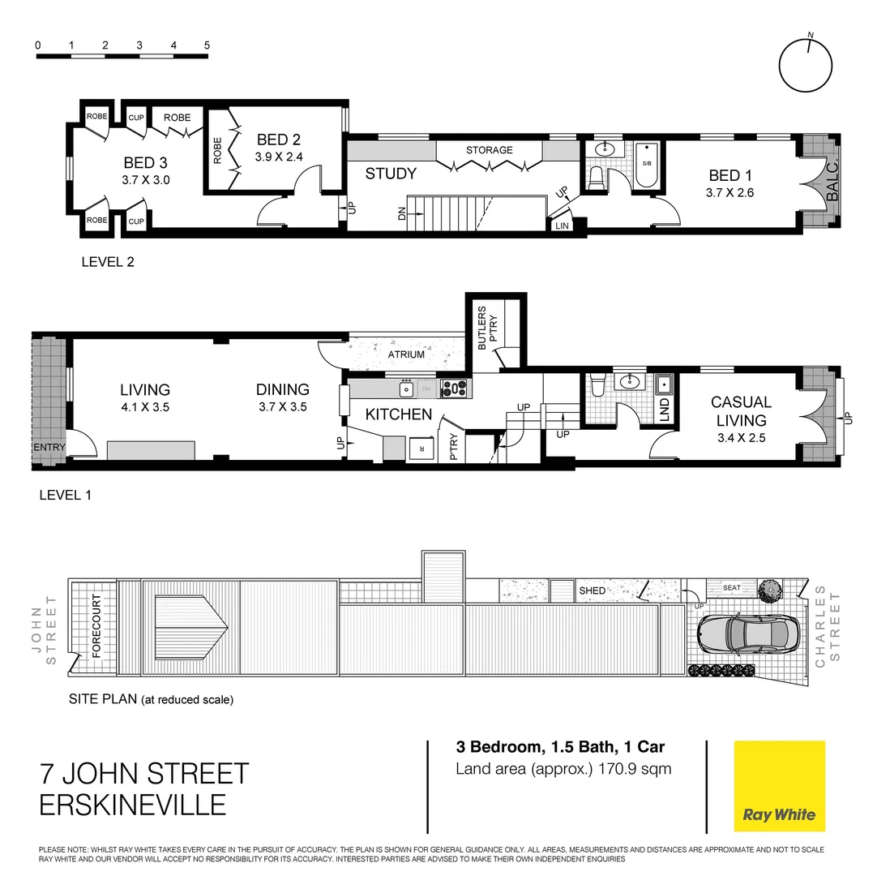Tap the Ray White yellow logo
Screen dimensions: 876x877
pyautogui.click(x=779, y=785)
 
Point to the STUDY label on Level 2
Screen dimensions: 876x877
pyautogui.click(x=391, y=174)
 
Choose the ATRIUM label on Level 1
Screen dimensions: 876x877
pyautogui.click(x=406, y=354)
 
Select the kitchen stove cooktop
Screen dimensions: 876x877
pyautogui.click(x=454, y=389)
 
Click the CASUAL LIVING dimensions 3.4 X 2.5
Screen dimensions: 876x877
pyautogui.click(x=741, y=438)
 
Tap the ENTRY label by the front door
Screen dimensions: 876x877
pyautogui.click(x=48, y=448)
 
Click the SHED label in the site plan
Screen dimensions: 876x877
pyautogui.click(x=592, y=590)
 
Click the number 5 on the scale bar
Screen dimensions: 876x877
pyautogui.click(x=207, y=45)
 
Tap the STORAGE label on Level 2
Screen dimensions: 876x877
pyautogui.click(x=489, y=150)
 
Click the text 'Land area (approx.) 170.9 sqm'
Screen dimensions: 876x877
pyautogui.click(x=563, y=769)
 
